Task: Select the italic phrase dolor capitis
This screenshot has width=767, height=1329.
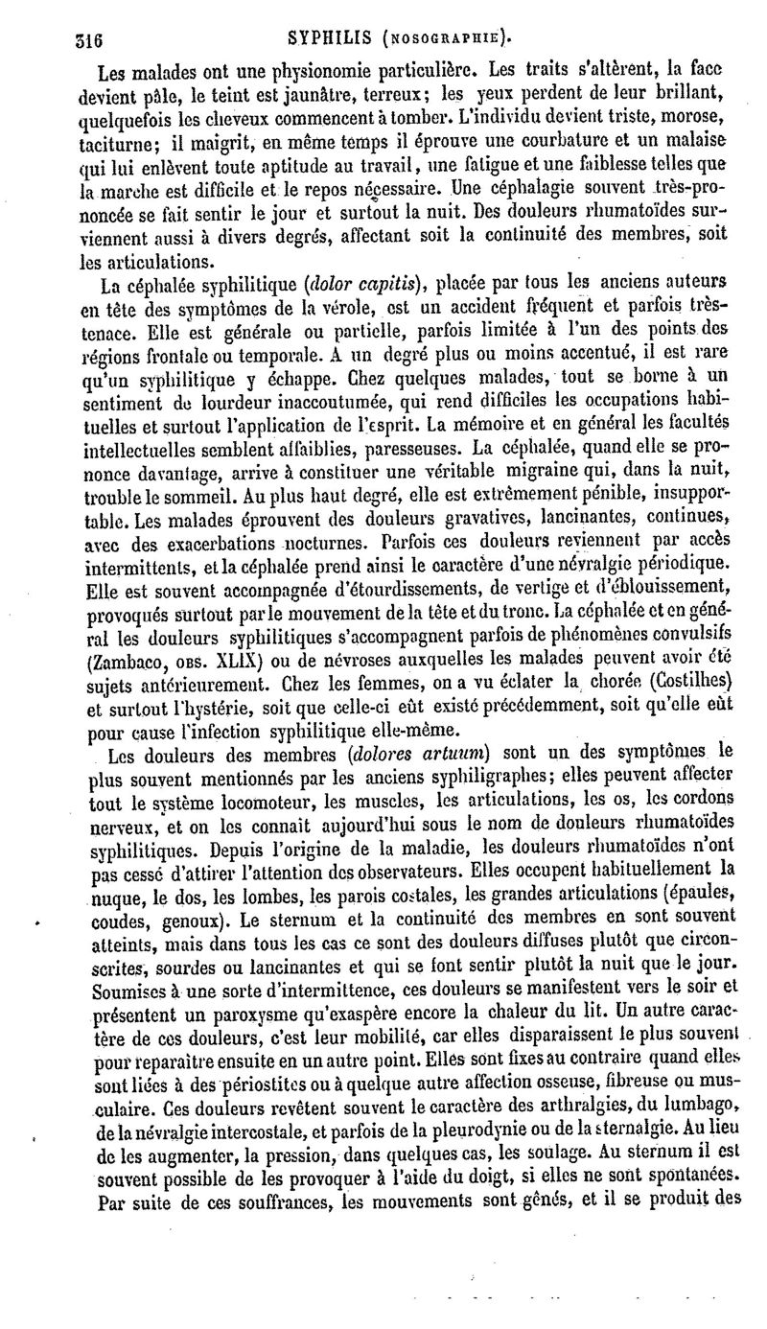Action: pyautogui.click(x=367, y=284)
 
